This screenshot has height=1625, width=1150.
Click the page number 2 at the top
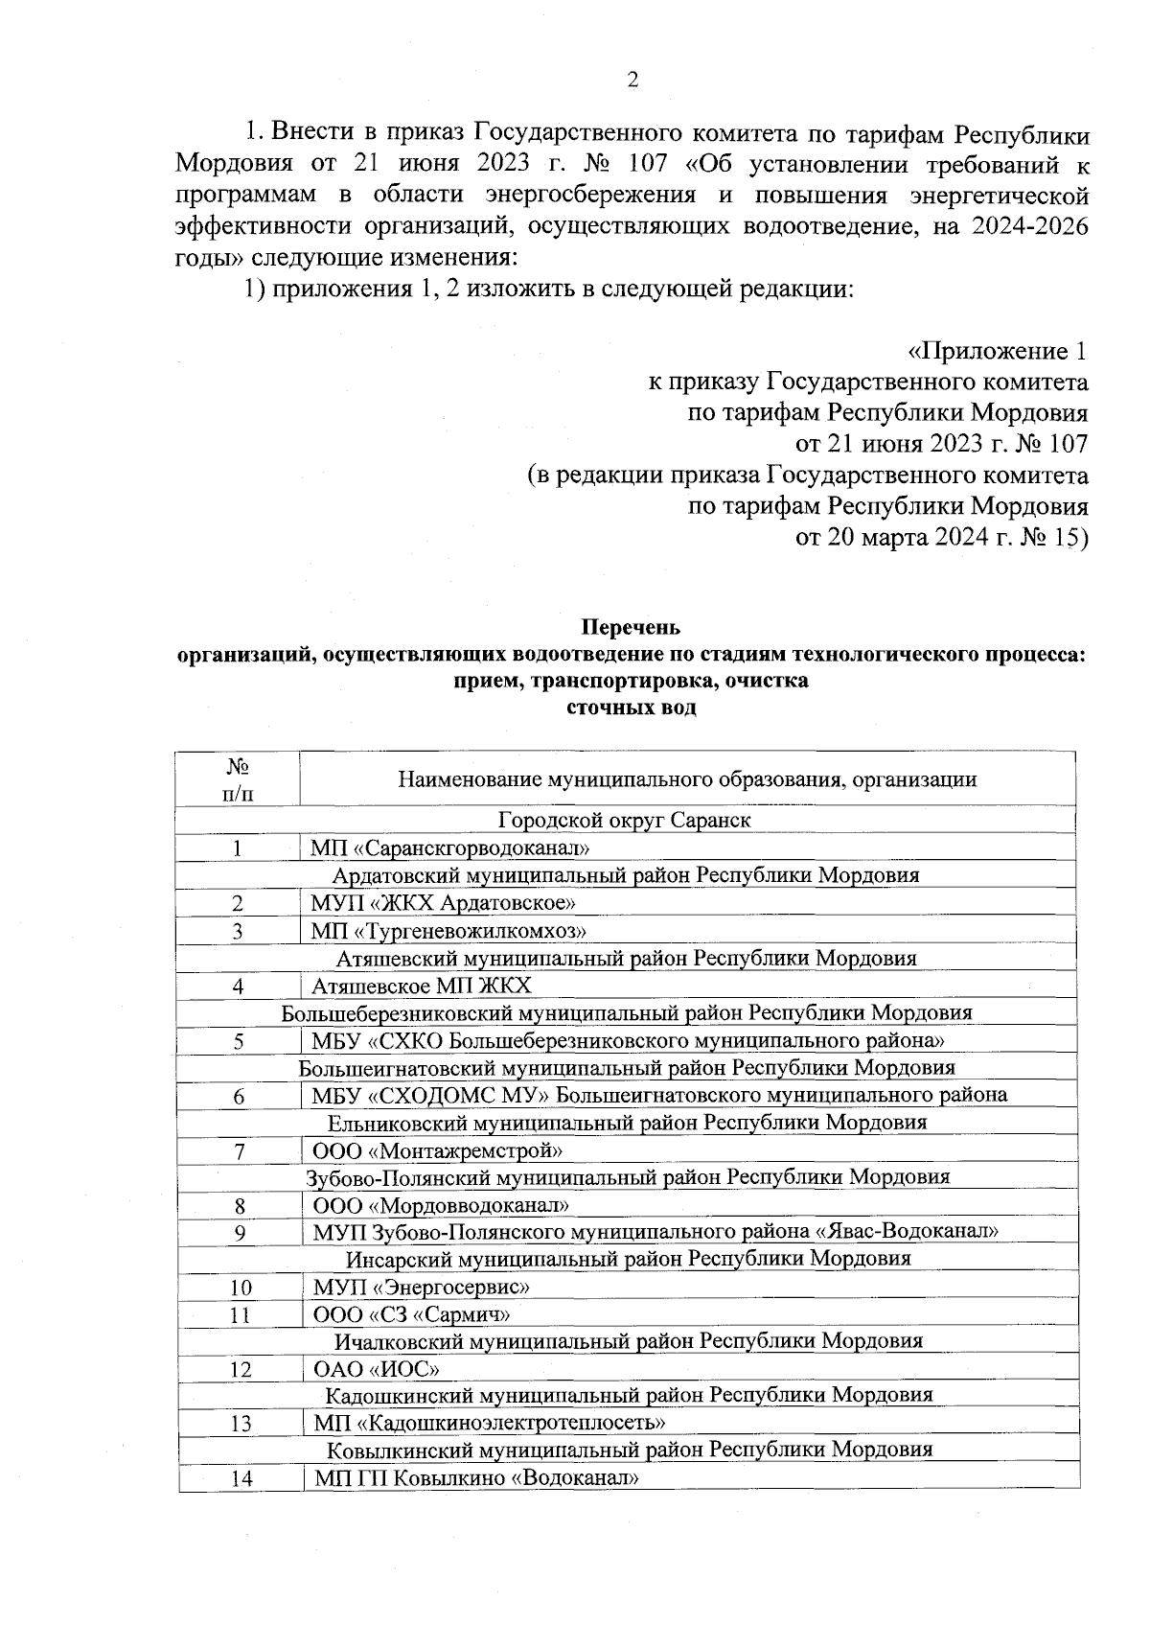[x=632, y=81]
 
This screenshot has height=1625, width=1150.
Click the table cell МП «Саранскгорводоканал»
[x=449, y=847]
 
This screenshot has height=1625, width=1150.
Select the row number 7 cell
[x=239, y=1150]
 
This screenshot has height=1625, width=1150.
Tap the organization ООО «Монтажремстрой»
[x=438, y=1150]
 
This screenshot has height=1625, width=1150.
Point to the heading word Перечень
[x=632, y=628]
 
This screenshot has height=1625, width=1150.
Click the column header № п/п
[x=238, y=779]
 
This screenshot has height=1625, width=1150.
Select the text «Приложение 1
[x=997, y=351]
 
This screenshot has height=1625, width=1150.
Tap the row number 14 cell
[x=241, y=1478]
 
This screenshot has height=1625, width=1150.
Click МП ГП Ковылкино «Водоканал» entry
[x=476, y=1478]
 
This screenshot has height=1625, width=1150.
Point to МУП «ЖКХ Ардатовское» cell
[x=443, y=903]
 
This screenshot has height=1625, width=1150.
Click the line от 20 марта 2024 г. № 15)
[x=942, y=537]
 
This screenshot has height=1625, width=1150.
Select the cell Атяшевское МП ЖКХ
[x=422, y=986]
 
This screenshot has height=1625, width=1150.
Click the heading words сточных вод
[x=632, y=708]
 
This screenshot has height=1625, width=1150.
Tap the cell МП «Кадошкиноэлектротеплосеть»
[x=490, y=1424]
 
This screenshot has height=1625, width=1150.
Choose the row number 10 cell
[x=241, y=1288]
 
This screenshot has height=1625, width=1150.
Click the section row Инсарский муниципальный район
[x=629, y=1259]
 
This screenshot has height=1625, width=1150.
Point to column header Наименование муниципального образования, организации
[x=687, y=779]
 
